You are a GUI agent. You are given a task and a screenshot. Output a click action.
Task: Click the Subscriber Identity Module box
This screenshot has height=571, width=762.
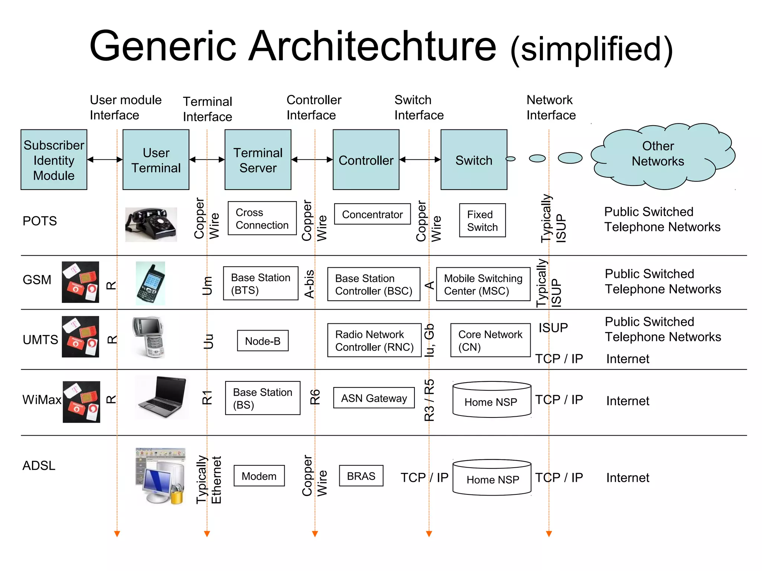pyautogui.click(x=54, y=160)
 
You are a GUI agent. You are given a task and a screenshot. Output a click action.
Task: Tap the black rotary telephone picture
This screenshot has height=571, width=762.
pyautogui.click(x=151, y=225)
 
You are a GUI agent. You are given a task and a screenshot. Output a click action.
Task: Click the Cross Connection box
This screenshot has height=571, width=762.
pyautogui.click(x=262, y=219)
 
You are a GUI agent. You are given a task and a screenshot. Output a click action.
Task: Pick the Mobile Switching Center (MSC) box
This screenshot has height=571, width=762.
pyautogui.click(x=483, y=284)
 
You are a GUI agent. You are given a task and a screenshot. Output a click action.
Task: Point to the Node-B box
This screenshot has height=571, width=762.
pyautogui.click(x=263, y=341)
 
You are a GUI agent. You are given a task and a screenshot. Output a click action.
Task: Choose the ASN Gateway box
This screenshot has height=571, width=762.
pyautogui.click(x=374, y=398)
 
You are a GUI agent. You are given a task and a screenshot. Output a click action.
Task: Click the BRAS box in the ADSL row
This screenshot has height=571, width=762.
pyautogui.click(x=361, y=476)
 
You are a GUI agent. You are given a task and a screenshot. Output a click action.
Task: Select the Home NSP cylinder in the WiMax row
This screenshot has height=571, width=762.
pyautogui.click(x=492, y=400)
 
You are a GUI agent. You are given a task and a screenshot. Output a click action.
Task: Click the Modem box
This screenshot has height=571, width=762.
pyautogui.click(x=259, y=476)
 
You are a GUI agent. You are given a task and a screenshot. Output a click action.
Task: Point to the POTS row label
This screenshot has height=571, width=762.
pyautogui.click(x=39, y=221)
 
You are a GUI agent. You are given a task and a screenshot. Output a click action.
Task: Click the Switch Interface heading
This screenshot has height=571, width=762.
pyautogui.click(x=419, y=107)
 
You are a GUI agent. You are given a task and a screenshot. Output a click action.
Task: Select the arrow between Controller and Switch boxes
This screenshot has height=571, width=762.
pyautogui.click(x=420, y=160)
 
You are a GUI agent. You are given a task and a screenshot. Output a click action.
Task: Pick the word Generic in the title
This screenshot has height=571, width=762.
pyautogui.click(x=163, y=46)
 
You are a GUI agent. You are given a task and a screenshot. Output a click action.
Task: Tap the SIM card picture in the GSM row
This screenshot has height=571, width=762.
pyautogui.click(x=80, y=282)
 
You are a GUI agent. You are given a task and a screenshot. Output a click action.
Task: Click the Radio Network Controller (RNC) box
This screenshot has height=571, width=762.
pyautogui.click(x=374, y=341)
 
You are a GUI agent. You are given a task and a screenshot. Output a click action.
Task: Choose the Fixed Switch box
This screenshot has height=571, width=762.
pyautogui.click(x=482, y=220)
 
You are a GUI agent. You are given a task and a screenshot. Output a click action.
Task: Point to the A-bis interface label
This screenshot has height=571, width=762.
pyautogui.click(x=309, y=284)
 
